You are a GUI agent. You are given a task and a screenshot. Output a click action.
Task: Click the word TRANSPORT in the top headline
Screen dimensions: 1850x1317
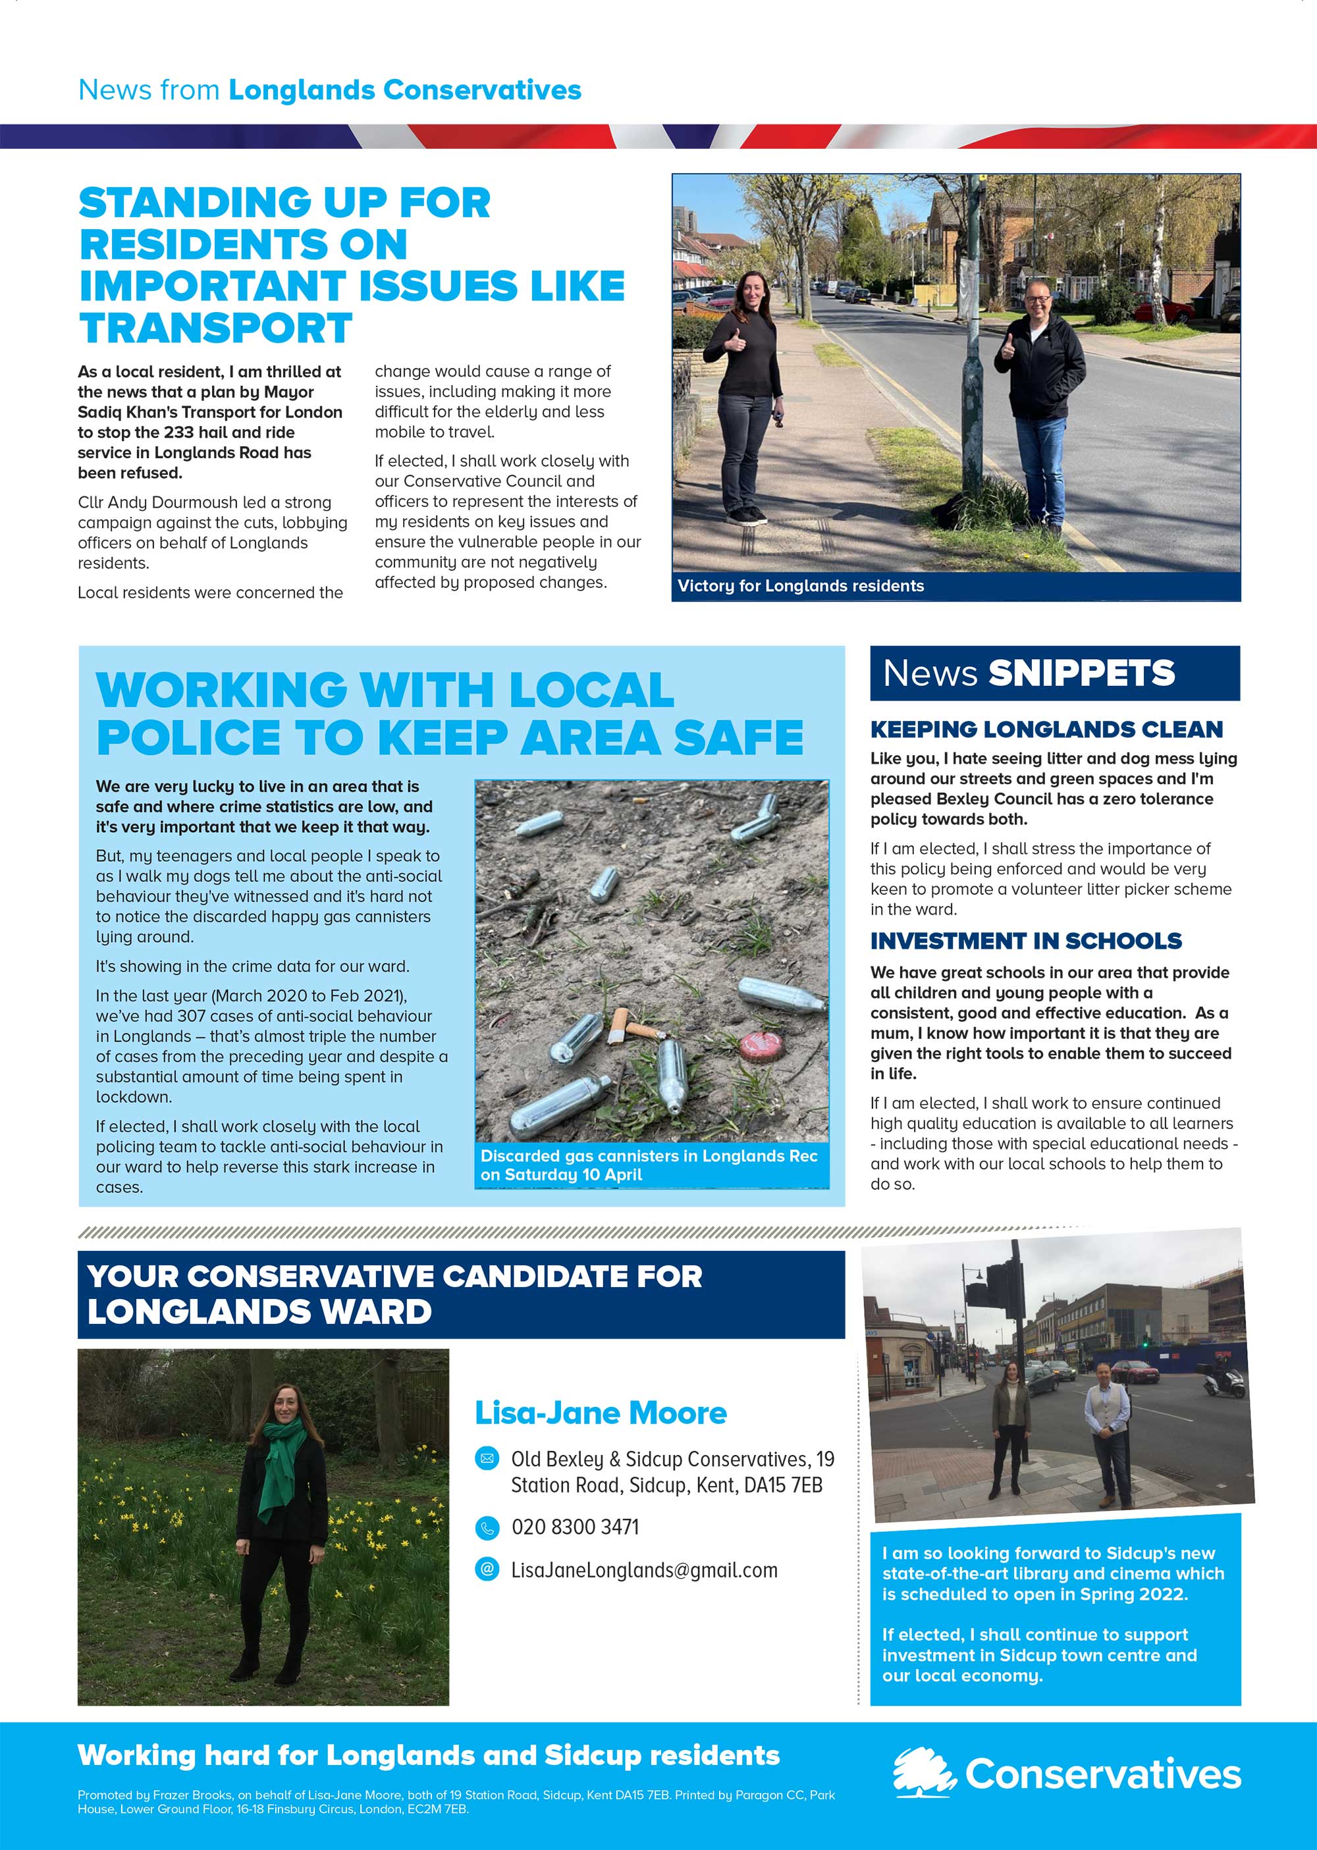click(215, 329)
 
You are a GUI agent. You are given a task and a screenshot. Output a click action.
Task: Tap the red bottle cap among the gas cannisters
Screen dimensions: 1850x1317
click(760, 1045)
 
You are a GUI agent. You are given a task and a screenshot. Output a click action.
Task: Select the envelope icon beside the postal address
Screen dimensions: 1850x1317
click(487, 1459)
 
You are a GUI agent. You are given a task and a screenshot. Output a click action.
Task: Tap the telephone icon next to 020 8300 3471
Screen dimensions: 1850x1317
click(487, 1528)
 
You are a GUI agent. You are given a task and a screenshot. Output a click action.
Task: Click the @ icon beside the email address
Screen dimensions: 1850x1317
click(487, 1570)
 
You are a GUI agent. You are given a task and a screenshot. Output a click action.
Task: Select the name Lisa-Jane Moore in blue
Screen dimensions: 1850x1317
click(600, 1413)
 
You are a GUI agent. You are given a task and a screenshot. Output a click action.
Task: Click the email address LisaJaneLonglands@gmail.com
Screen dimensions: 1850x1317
click(644, 1570)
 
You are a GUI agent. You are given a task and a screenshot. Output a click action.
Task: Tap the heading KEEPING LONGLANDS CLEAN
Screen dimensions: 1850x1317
click(1046, 729)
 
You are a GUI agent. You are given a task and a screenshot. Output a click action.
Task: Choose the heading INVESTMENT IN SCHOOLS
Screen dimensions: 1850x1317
click(1026, 941)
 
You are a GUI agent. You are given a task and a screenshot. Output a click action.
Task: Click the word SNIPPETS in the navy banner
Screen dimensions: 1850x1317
click(1081, 674)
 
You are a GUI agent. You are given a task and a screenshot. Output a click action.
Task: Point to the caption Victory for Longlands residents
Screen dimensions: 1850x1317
click(801, 586)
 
